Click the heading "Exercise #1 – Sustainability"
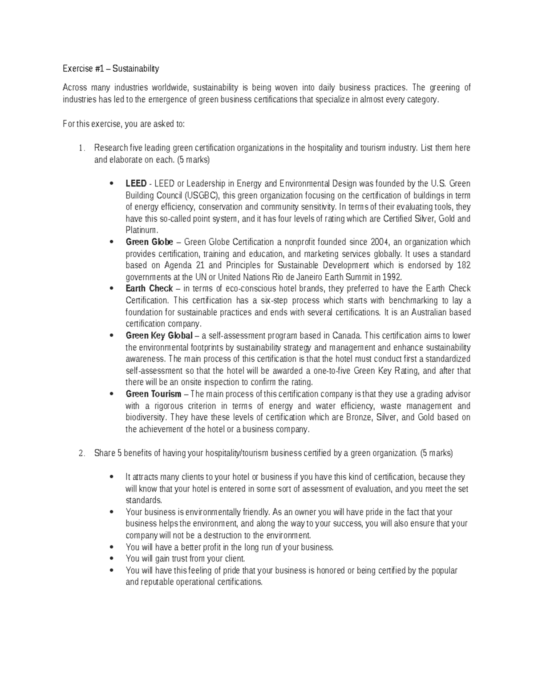(110, 69)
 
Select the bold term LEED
(136, 183)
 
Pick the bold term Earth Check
(149, 288)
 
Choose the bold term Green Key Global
(159, 335)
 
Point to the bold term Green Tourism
(154, 394)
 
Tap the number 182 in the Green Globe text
(464, 265)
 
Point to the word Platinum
(141, 230)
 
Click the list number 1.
(81, 148)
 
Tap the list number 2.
(81, 453)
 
